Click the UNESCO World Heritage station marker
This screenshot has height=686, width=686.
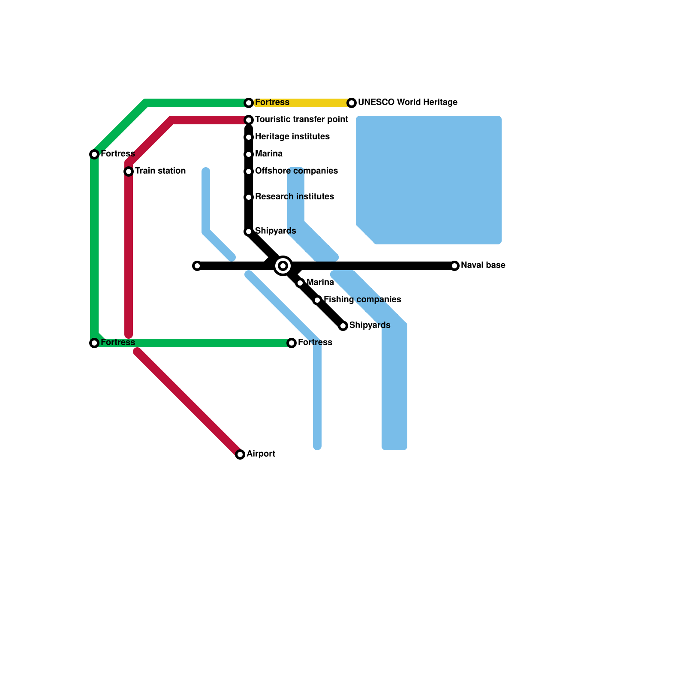(352, 103)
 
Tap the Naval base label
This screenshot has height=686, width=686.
(483, 265)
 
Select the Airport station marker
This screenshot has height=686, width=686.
(240, 454)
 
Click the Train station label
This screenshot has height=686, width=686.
(160, 171)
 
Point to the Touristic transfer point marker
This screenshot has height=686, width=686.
(249, 120)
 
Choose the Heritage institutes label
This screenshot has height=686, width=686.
(292, 137)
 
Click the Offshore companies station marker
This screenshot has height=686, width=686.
(249, 171)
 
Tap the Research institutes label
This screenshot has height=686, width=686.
(294, 197)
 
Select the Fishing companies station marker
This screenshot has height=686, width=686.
(317, 300)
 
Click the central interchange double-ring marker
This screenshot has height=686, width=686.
(283, 266)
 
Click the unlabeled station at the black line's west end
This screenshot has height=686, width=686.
(197, 266)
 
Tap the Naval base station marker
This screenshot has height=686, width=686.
(454, 266)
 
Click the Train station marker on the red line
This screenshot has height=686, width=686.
(129, 171)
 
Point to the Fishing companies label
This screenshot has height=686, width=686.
(362, 300)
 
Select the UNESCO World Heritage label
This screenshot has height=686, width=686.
(407, 102)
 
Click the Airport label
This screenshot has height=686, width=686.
(261, 454)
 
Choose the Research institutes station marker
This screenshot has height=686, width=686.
(249, 197)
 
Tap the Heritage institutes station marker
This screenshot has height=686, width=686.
(249, 137)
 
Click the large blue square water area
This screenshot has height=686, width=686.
(429, 180)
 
